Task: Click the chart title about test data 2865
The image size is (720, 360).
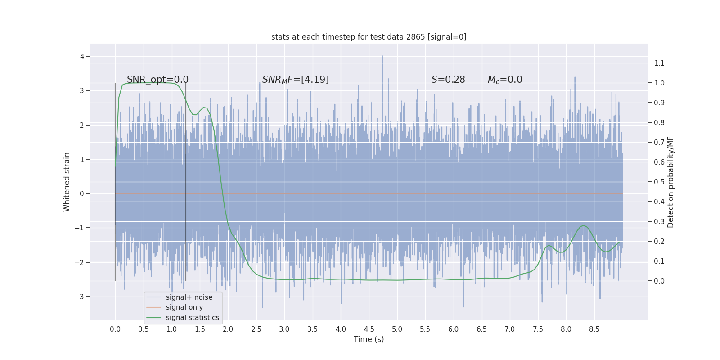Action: (369, 37)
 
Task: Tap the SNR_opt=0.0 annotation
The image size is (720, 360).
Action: (157, 80)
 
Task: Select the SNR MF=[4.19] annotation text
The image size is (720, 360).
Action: (295, 80)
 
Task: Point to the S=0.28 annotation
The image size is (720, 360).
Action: (448, 80)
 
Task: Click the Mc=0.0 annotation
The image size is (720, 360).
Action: (505, 80)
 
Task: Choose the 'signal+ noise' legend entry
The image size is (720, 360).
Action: (189, 297)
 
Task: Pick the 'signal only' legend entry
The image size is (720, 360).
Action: (184, 307)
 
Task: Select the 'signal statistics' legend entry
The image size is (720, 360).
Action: (192, 318)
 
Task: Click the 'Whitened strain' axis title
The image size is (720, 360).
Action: (67, 182)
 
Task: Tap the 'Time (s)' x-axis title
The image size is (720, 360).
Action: (369, 339)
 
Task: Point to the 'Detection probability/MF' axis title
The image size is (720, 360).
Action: (670, 182)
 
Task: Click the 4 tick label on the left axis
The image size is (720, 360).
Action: (82, 56)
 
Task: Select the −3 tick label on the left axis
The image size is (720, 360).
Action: (79, 297)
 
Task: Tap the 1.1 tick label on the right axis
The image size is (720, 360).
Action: (659, 63)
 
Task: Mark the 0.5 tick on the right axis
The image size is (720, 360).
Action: (659, 182)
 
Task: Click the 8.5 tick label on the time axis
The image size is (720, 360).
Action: (594, 329)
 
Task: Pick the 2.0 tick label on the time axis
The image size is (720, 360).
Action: (228, 329)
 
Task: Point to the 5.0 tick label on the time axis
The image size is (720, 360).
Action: (397, 329)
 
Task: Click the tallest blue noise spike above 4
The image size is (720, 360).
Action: (382, 57)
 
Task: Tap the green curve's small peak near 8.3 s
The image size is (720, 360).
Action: (584, 225)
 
